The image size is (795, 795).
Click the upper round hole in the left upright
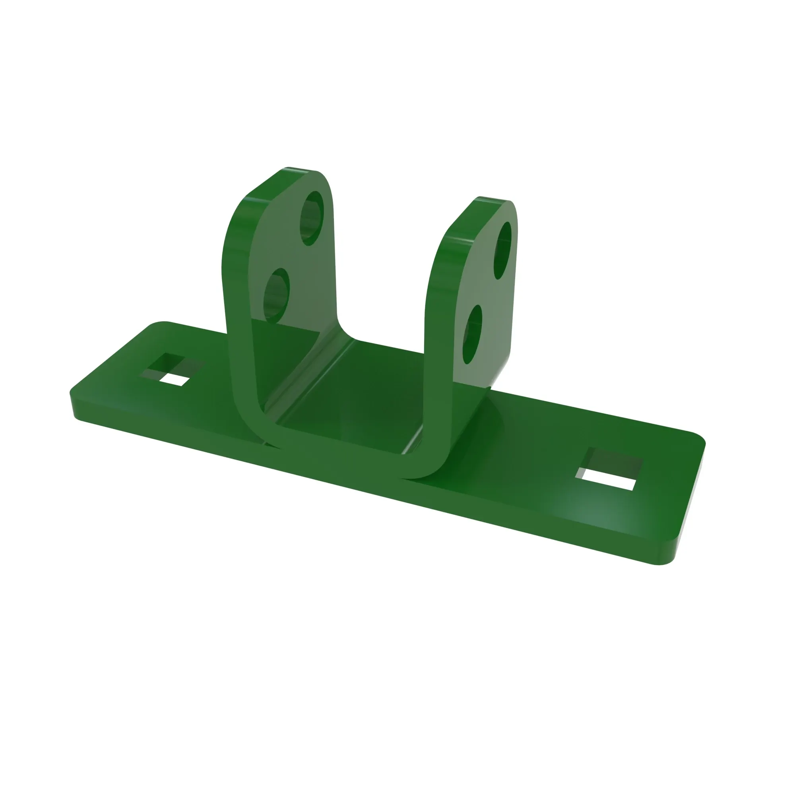(x=312, y=218)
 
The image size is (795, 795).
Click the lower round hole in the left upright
(x=276, y=296)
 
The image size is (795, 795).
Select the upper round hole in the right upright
(x=502, y=250)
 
